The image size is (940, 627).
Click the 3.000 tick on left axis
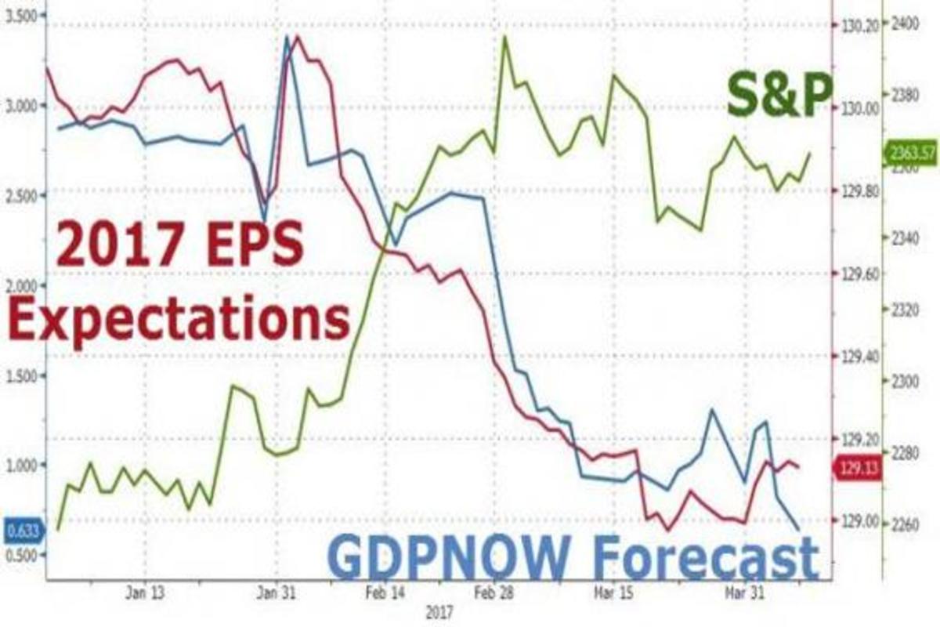21,106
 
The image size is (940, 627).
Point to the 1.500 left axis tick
21,376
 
